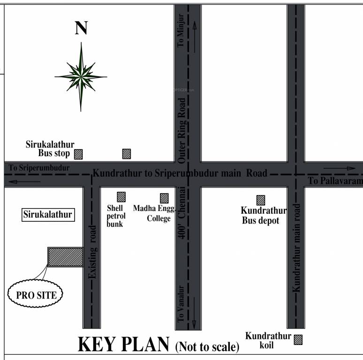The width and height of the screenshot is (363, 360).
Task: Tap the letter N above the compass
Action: click(81, 29)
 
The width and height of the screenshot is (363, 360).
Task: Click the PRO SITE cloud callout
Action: click(36, 295)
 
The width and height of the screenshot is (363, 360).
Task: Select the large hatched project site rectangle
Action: click(65, 257)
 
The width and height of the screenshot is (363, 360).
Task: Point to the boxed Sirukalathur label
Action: click(48, 215)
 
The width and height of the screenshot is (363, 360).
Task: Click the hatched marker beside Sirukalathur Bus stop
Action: click(78, 154)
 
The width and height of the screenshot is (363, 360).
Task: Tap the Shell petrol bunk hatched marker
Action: click(121, 197)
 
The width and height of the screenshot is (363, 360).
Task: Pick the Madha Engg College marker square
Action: click(164, 198)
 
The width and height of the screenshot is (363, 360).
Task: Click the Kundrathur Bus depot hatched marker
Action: click(260, 200)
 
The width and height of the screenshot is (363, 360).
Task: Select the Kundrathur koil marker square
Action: click(298, 339)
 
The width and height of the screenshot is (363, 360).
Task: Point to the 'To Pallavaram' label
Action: click(335, 181)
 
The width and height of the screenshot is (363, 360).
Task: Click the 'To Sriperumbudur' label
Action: click(39, 167)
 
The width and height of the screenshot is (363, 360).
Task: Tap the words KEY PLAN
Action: click(123, 344)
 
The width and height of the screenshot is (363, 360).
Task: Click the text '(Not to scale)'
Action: click(207, 347)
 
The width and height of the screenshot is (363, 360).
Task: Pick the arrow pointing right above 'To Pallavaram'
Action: click(340, 168)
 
